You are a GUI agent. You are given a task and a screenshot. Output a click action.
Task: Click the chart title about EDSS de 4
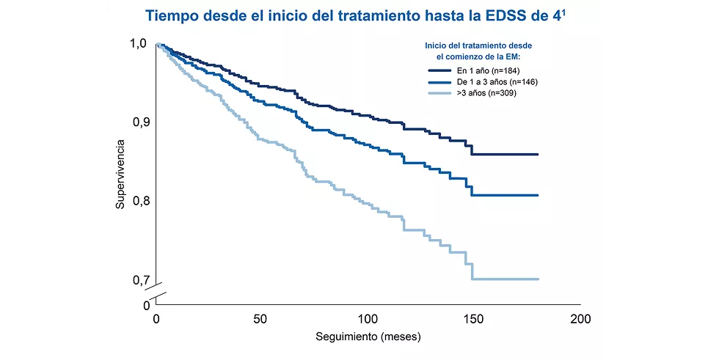tap(356, 15)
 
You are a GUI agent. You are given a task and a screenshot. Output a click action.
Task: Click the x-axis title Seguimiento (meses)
tap(368, 338)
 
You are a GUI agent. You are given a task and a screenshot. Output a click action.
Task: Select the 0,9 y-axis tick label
tap(141, 122)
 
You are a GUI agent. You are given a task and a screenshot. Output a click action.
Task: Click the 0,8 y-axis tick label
tap(141, 201)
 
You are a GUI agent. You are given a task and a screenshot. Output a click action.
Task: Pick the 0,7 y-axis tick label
tap(141, 280)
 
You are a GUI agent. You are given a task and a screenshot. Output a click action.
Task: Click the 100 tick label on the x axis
tap(368, 320)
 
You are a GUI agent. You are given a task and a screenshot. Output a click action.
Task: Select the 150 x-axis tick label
tap(474, 320)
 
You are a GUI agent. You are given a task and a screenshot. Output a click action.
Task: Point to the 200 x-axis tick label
tap(580, 320)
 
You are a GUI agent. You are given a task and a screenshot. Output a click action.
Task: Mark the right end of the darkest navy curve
tap(538, 155)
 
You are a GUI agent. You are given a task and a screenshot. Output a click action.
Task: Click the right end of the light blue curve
tap(538, 279)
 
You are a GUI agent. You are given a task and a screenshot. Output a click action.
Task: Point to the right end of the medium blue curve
tap(538, 195)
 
